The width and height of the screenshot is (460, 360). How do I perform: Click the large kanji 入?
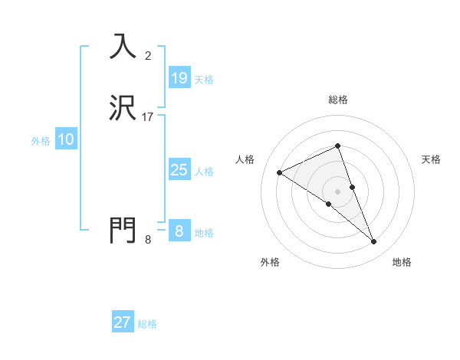click(123, 46)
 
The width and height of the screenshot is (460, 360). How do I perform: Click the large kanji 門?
click(123, 229)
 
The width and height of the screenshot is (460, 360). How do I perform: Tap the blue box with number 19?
click(179, 78)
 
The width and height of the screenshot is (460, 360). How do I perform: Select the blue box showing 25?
click(179, 170)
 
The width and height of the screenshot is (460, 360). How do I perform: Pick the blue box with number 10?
click(66, 139)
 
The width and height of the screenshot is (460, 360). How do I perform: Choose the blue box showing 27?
click(123, 322)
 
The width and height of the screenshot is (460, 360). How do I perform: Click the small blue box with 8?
click(179, 231)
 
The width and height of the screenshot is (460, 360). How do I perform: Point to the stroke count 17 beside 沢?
click(148, 117)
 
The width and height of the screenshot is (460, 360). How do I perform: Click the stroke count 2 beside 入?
click(148, 55)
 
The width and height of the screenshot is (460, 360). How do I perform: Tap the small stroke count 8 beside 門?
click(148, 240)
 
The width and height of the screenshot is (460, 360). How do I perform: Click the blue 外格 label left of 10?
click(41, 141)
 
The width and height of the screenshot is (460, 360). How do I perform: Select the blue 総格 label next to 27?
click(147, 324)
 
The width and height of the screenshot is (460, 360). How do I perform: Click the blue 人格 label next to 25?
click(205, 172)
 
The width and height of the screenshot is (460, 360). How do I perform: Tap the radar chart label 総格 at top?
click(337, 100)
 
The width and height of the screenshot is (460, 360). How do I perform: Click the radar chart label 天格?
click(431, 159)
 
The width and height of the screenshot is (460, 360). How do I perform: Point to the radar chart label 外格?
click(270, 262)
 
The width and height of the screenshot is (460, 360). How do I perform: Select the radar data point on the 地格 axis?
click(374, 242)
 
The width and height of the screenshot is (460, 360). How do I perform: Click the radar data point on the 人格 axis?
click(279, 172)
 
